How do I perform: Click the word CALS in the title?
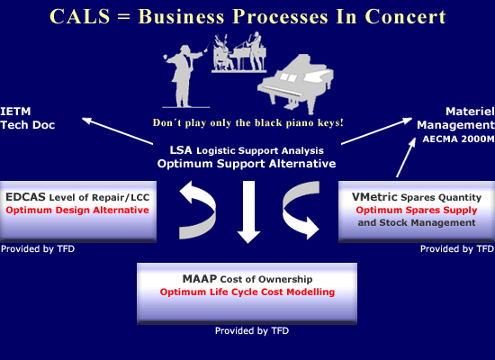[80, 16]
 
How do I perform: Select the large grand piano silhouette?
[296, 84]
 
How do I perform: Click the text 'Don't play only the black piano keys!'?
[247, 122]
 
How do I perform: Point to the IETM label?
[15, 112]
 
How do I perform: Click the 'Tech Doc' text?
[28, 125]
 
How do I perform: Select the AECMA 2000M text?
[458, 139]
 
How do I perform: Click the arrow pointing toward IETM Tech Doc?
[117, 131]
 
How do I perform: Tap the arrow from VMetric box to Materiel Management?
[406, 157]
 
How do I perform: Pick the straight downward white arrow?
[248, 211]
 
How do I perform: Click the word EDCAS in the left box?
[25, 197]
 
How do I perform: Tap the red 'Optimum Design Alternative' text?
[77, 210]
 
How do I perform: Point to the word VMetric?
[374, 197]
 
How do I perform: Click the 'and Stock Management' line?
[417, 222]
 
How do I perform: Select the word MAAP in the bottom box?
[200, 279]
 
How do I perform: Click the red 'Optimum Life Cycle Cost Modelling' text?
[247, 292]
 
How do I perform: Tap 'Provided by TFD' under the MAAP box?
[252, 330]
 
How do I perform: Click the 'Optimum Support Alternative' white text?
[247, 164]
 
